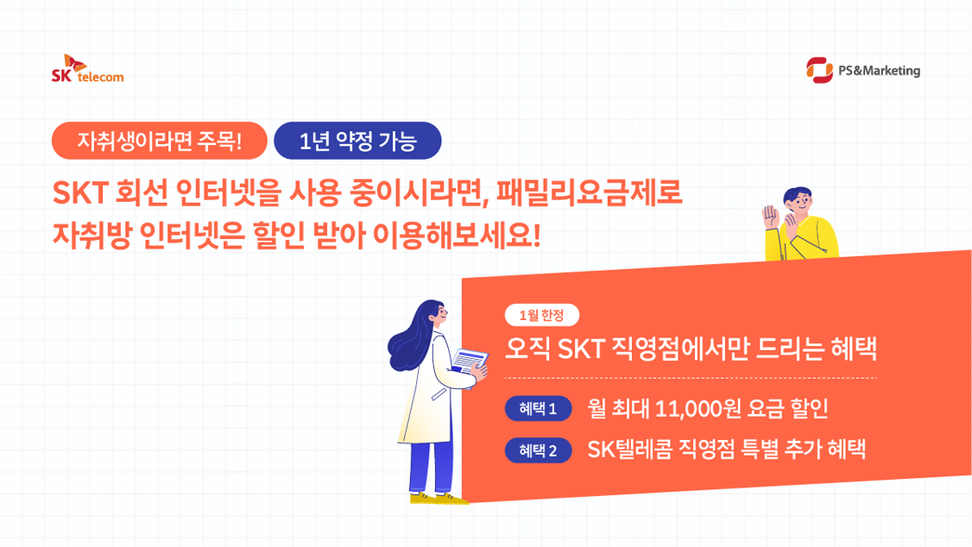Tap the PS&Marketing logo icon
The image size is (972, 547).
pos(818,71)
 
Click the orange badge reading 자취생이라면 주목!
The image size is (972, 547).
pos(160,141)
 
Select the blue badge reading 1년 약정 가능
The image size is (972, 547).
pos(357,141)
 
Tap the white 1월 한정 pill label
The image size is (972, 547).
pos(541,315)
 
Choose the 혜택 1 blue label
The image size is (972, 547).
pos(538,408)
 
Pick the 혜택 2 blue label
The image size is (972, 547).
pos(538,450)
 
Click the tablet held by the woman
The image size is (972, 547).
pos(470,362)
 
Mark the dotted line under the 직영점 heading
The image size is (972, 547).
pos(691,379)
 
